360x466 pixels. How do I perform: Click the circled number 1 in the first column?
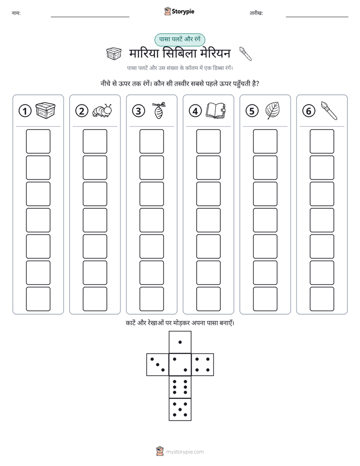coord(25,111)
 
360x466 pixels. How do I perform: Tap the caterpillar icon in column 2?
coord(102,110)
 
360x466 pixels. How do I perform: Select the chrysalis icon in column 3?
coord(159,110)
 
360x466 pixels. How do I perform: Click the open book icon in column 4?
coord(216,111)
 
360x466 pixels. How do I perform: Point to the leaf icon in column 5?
coord(272,110)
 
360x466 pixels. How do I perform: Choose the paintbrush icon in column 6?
coord(329,110)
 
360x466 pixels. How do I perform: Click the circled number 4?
coord(195,111)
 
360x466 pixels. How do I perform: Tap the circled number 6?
coord(309,111)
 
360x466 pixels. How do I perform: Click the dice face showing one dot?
coord(180,342)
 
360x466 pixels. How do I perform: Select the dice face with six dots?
coord(180,387)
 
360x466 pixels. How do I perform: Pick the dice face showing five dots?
coord(180,409)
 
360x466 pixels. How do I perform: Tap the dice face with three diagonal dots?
coord(158,364)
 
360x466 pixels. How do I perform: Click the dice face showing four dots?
coord(203,364)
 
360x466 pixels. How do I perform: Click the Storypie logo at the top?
coord(179,11)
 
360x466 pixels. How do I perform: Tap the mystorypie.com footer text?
coord(185,452)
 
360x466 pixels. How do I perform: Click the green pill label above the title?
coord(179,39)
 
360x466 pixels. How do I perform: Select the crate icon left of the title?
coord(114,53)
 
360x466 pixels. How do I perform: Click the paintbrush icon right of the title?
coord(246,53)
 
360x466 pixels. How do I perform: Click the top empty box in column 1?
coord(38,141)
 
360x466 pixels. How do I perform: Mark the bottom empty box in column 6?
coord(322,299)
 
